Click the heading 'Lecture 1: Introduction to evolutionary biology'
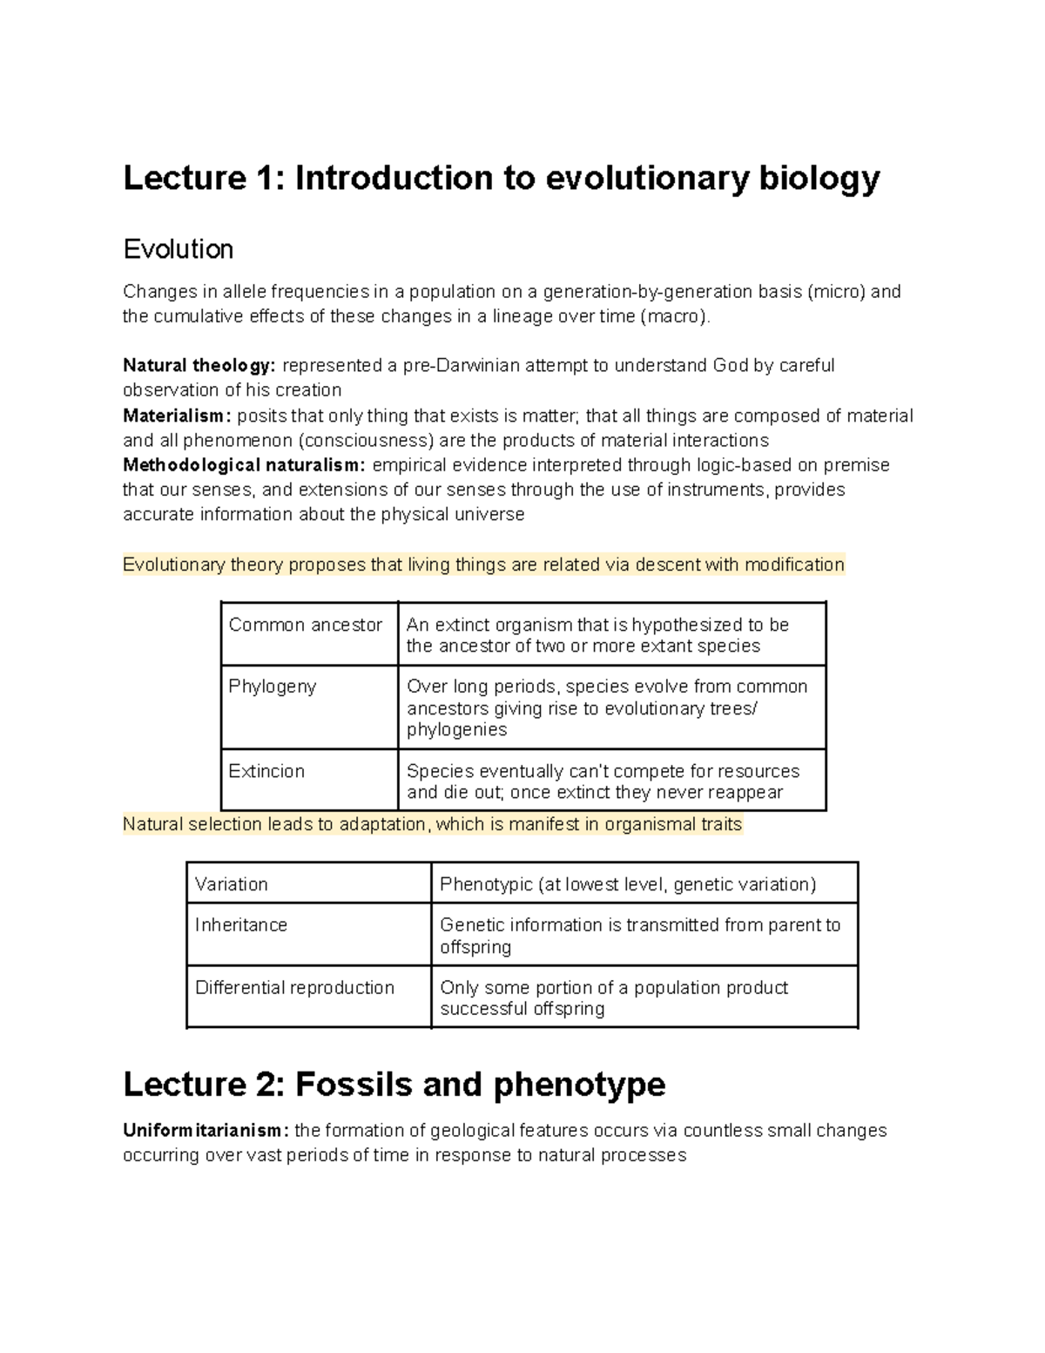tap(502, 179)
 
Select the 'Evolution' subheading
tap(178, 250)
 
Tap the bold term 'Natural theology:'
tap(199, 365)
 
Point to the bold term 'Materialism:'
tap(178, 416)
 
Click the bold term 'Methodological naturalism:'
tap(245, 465)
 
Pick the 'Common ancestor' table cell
tap(305, 626)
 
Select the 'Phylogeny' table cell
tap(273, 687)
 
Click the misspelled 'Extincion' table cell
tap(266, 771)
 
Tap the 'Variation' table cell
tap(232, 884)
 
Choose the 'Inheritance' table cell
tap(241, 924)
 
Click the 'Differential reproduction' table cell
tap(294, 987)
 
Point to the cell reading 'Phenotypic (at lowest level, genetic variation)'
tap(628, 884)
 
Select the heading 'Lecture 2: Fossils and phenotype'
tap(394, 1085)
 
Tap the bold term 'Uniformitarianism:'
tap(206, 1131)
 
